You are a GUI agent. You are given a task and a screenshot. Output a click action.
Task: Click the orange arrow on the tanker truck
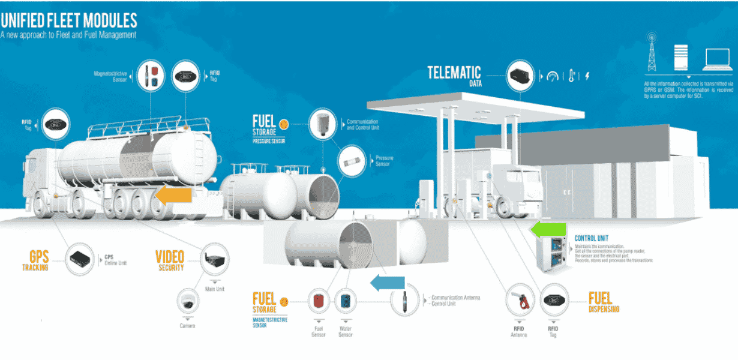pos(173,195)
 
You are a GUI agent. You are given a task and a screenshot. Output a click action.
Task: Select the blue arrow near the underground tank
pos(387,283)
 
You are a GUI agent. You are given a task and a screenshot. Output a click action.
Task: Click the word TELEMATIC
pos(454,73)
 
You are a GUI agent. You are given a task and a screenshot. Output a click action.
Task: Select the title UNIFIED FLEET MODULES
pos(68,21)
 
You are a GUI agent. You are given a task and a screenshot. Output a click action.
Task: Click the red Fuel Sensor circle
pos(318,301)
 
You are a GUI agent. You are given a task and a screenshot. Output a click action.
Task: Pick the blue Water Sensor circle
pos(346,301)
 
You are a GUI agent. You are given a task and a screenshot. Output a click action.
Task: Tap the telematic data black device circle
pos(520,75)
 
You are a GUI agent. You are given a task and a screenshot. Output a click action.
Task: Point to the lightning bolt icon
pos(587,76)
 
